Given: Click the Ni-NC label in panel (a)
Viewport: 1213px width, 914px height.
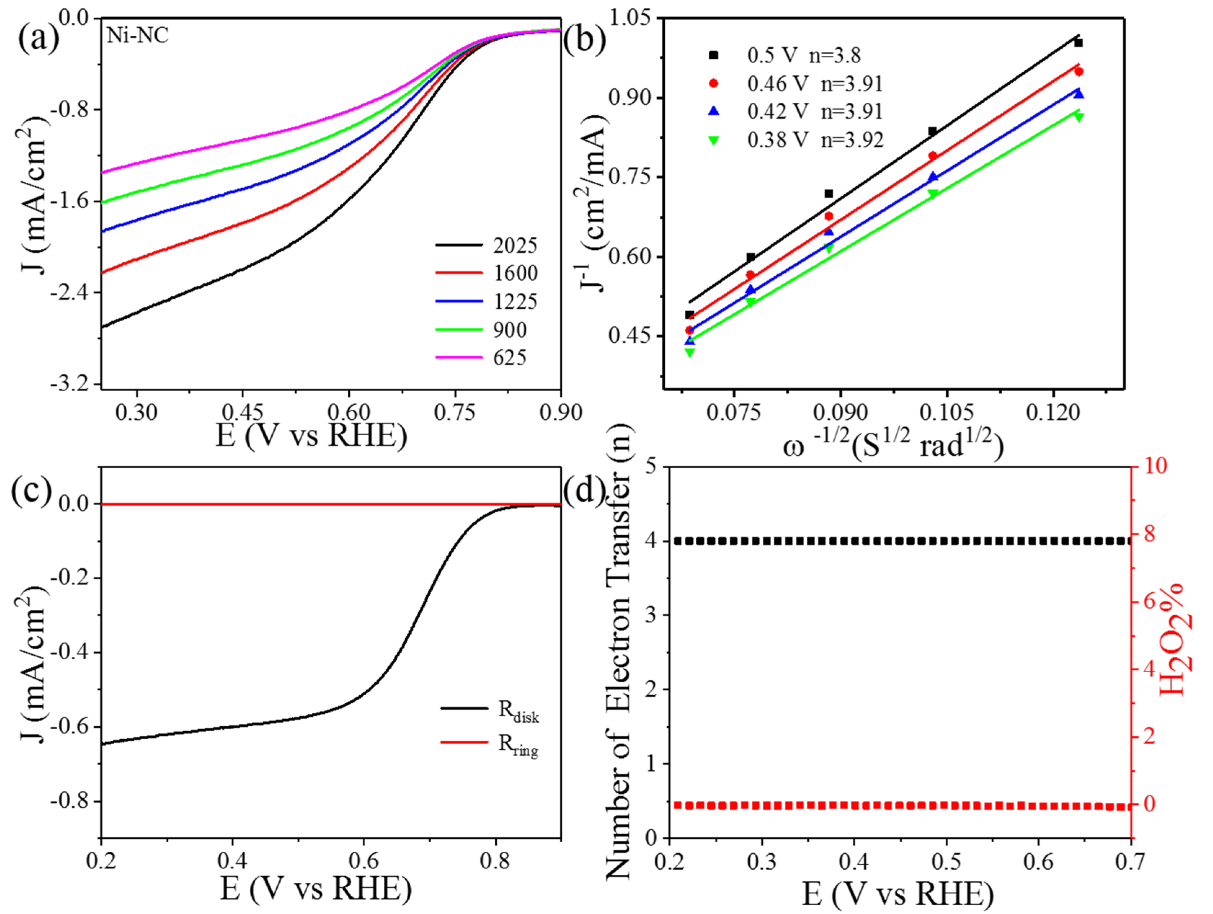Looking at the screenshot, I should coord(137,36).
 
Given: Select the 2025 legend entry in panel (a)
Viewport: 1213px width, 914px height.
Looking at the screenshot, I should coord(514,246).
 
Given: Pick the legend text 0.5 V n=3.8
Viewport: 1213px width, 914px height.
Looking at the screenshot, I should coord(804,55).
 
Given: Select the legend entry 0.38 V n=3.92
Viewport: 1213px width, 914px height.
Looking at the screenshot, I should coord(815,141).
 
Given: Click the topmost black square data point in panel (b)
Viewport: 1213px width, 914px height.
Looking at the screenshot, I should coord(1078,43).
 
